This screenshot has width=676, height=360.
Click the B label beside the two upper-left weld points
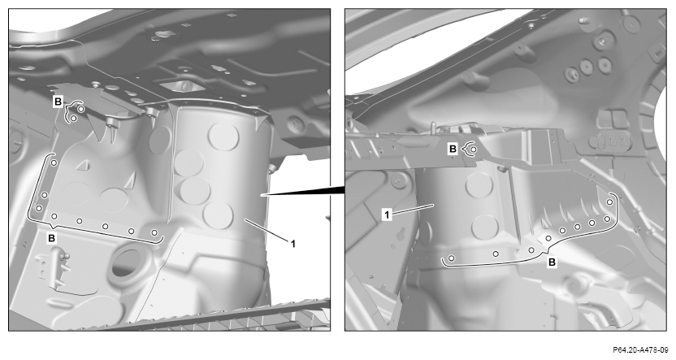(x=58, y=102)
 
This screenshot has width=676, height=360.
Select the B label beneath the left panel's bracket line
(x=52, y=238)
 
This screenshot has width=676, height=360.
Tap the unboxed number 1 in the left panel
(x=293, y=244)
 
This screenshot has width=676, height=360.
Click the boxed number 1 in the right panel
(x=387, y=215)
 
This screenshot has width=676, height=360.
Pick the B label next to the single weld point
(x=453, y=150)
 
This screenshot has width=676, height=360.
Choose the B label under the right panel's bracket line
(x=552, y=262)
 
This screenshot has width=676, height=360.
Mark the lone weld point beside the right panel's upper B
(x=474, y=150)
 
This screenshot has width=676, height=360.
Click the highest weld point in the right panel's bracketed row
(x=609, y=202)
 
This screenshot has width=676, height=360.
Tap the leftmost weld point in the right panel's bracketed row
(x=451, y=258)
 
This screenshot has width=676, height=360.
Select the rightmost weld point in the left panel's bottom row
(x=154, y=232)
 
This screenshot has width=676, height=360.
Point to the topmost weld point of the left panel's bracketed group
(x=54, y=163)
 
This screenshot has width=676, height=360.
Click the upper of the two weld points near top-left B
(x=81, y=109)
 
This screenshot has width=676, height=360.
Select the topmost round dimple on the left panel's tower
(x=223, y=136)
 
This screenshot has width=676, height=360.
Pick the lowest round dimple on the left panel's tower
(x=218, y=215)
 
